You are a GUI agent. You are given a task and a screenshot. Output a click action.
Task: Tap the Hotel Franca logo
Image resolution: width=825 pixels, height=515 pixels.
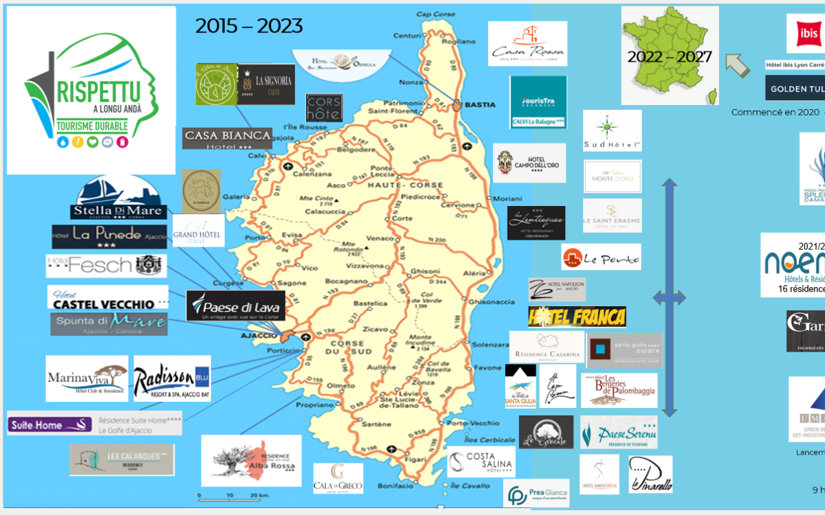click(x=577, y=317)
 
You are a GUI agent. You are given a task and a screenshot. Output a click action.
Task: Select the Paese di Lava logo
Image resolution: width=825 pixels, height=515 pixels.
click(x=226, y=306)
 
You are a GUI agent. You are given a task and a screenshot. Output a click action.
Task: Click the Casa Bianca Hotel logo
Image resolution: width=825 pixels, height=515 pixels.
click(x=228, y=137)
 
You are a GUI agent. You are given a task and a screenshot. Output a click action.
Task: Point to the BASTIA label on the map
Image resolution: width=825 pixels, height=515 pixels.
click(x=480, y=104)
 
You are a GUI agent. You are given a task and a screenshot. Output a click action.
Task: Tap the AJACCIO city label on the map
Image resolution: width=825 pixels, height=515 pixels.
click(x=258, y=335)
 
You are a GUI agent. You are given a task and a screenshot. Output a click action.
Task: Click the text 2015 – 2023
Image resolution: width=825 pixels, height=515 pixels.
click(x=249, y=26)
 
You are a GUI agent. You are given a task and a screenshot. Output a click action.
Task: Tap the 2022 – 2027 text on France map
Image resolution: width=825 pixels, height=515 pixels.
click(x=669, y=56)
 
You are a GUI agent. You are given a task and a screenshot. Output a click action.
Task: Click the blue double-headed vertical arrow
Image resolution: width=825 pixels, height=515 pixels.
click(x=669, y=297)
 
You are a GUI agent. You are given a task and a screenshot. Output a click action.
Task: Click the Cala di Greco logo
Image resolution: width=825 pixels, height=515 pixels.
click(x=338, y=478)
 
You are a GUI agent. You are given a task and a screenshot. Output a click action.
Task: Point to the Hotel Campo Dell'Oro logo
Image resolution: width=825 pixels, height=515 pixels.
click(x=529, y=163)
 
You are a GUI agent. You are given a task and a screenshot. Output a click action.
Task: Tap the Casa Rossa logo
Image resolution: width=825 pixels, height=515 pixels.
click(x=527, y=43)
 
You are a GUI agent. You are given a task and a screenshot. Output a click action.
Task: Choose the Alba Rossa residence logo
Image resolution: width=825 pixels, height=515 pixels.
click(x=251, y=460)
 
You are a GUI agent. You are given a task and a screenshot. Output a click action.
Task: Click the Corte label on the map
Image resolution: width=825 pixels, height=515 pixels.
click(x=402, y=218)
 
